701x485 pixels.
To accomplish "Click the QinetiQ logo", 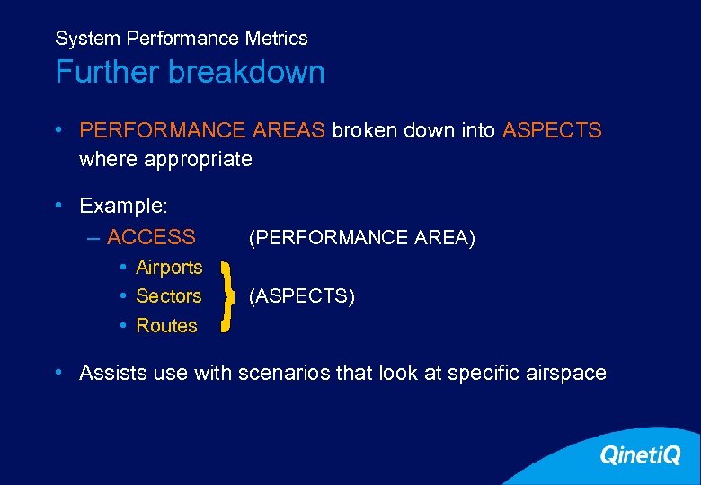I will (640, 455).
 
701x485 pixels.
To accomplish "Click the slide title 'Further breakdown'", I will (190, 72).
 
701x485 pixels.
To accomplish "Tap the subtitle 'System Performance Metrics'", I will (181, 39).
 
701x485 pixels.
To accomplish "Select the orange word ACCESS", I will (151, 237).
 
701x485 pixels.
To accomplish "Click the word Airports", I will (169, 267).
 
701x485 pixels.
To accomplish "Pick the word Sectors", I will (168, 295).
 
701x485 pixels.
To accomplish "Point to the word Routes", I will (166, 325).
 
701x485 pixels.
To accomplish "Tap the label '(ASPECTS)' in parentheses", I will (301, 295).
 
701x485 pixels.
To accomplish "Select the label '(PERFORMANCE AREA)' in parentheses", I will (361, 237).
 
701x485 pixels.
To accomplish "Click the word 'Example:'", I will (123, 206).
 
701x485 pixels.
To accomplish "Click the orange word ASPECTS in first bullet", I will (552, 130).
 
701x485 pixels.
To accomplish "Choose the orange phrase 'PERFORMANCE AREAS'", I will (202, 130).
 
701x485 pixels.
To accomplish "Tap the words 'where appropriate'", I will (165, 159).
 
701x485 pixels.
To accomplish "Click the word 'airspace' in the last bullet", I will (568, 373).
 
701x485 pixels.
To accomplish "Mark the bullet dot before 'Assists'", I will (58, 372).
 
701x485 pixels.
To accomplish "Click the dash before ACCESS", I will (94, 237).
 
